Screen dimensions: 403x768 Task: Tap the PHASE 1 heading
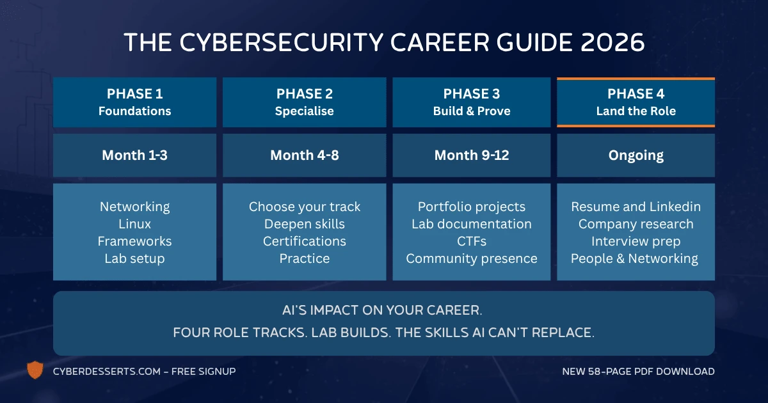click(134, 94)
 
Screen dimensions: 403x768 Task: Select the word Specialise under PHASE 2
click(304, 111)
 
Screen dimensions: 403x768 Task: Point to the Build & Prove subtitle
click(472, 111)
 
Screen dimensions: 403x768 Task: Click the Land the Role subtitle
click(636, 111)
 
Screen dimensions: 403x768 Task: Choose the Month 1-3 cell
click(134, 155)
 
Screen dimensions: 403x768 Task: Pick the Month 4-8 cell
click(304, 155)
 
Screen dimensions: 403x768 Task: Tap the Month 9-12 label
click(472, 155)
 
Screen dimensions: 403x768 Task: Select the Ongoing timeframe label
click(636, 155)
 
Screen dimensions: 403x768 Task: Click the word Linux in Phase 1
click(134, 224)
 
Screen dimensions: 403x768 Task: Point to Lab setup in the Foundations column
click(134, 258)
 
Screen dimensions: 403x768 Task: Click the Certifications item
click(304, 241)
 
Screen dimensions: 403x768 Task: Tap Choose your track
click(304, 207)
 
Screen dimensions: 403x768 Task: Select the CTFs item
click(472, 241)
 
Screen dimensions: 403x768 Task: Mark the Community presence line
click(472, 258)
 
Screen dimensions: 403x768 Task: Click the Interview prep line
click(636, 241)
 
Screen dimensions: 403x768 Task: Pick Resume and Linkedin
click(636, 207)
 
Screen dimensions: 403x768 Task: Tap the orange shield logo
click(35, 370)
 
